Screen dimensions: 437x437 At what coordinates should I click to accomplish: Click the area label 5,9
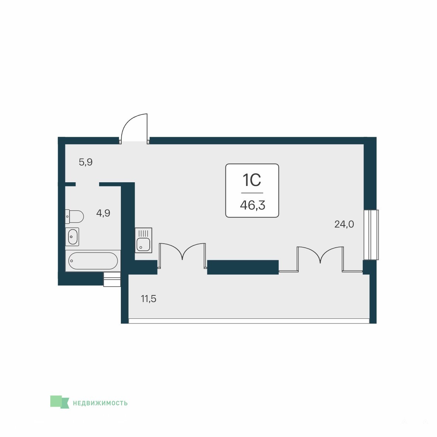[x=85, y=162]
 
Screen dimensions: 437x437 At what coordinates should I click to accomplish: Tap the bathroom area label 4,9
[x=103, y=213]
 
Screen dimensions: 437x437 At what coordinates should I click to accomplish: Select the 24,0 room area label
[x=344, y=224]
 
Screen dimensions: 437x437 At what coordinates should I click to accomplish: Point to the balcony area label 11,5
[x=149, y=299]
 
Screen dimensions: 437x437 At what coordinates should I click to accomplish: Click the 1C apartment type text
[x=252, y=180]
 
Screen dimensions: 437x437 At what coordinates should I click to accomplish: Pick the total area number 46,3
[x=253, y=206]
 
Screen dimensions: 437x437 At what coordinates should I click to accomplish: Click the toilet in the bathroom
[x=74, y=217]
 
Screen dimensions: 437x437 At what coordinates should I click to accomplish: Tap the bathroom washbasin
[x=72, y=237]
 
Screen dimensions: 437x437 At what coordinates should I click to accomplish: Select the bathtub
[x=93, y=261]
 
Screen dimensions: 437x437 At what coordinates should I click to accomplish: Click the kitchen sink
[x=143, y=240]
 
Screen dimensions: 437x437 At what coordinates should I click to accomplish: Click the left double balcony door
[x=182, y=255]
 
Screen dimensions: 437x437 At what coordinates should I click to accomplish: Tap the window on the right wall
[x=371, y=235]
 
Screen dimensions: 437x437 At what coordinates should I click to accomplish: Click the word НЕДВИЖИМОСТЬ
[x=100, y=403]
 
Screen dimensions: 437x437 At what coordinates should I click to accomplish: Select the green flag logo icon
[x=60, y=402]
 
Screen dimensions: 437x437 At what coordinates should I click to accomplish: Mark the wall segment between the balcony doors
[x=243, y=267]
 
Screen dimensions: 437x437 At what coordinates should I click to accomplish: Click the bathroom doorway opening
[x=88, y=184]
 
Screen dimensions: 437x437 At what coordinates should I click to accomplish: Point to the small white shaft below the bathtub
[x=112, y=279]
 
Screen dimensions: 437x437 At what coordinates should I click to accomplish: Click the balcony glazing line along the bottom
[x=249, y=321]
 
